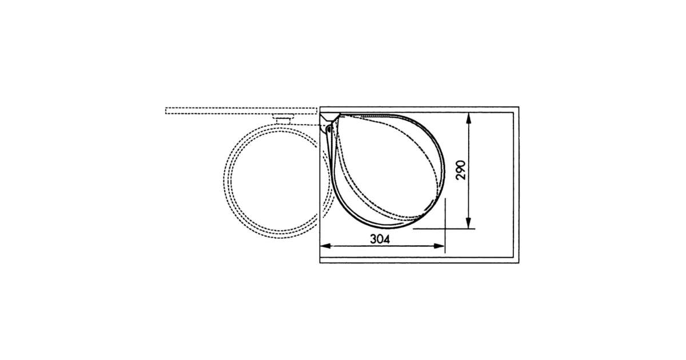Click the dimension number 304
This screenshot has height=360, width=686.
coord(380,239)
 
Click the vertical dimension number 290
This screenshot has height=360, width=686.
coord(461,170)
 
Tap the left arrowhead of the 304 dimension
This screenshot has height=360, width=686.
coord(325,246)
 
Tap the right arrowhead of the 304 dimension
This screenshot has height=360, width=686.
coord(439,246)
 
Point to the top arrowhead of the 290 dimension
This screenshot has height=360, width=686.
coord(468,118)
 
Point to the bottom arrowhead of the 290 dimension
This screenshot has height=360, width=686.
coord(468,223)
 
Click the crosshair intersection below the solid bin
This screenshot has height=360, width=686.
coord(445,229)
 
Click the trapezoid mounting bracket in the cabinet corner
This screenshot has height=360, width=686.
coord(329,118)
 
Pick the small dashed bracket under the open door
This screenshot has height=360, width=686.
coord(284,118)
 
